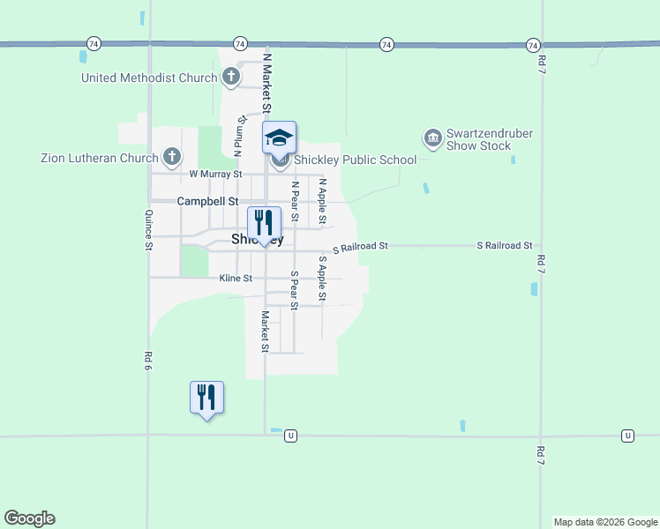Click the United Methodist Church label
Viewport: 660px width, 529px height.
[x=148, y=78]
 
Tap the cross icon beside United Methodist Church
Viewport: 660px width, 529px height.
[x=230, y=77]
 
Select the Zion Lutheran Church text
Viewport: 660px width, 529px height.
[x=99, y=159]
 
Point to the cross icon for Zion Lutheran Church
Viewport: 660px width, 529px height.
[x=172, y=158]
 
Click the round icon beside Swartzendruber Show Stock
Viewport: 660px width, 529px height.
[x=432, y=138]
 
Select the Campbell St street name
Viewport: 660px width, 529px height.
[x=207, y=201]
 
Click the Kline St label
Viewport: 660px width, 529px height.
[x=236, y=279]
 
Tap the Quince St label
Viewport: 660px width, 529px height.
[x=148, y=230]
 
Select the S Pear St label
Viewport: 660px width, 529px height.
[x=295, y=289]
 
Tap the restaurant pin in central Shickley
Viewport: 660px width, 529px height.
[x=264, y=223]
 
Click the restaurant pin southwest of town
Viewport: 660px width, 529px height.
[x=206, y=398]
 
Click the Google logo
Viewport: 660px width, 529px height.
[x=29, y=518]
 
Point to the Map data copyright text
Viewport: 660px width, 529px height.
[x=605, y=522]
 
